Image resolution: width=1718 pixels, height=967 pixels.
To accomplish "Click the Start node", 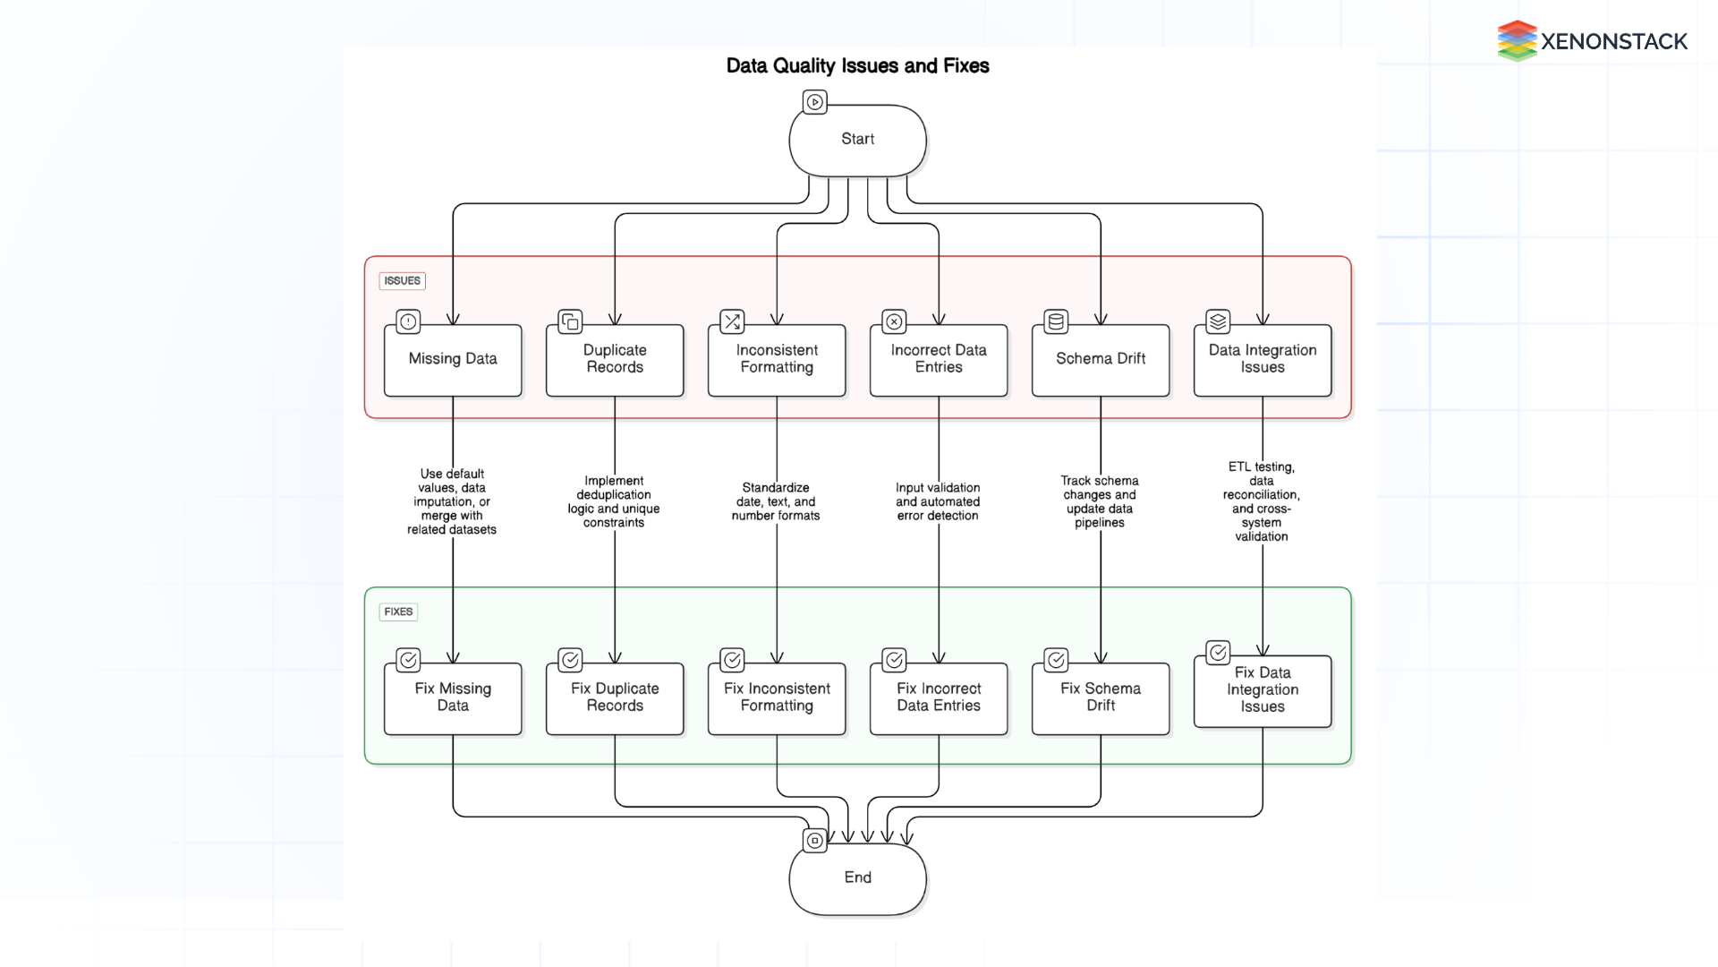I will click(857, 141).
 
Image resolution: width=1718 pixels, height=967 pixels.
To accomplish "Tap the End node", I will click(857, 878).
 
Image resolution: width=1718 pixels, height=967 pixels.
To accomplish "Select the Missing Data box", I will click(453, 360).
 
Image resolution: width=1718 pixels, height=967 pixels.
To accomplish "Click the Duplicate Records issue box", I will click(615, 360).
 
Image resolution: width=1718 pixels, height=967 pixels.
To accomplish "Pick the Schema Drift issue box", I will click(1101, 360).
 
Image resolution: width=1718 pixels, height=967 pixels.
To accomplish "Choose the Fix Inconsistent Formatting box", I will click(777, 698).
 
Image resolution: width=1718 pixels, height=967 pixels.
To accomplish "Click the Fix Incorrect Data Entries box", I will click(939, 698).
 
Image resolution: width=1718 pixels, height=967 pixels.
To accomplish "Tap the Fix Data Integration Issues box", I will click(1263, 691).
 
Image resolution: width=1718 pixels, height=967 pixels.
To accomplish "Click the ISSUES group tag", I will click(402, 281).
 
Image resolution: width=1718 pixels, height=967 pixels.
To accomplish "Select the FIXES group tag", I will click(398, 612).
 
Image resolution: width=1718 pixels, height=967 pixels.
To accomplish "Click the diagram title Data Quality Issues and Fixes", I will click(857, 66).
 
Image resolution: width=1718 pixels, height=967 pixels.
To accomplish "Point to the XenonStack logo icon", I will click(1517, 41).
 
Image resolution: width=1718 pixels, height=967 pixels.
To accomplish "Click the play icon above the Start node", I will click(814, 102).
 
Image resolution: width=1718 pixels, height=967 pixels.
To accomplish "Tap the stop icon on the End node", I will click(814, 841).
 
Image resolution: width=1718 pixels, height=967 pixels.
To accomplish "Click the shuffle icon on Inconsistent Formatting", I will click(732, 321).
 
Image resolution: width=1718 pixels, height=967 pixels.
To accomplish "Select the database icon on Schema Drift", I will click(1056, 321).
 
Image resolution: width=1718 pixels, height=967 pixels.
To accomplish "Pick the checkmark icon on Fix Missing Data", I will click(408, 660).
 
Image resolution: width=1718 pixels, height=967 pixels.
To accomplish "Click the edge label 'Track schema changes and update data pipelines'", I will click(1100, 502).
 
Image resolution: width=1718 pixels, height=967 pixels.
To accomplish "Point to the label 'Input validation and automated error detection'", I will click(938, 502).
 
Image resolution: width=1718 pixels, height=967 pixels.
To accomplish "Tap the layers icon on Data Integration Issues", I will click(1218, 321).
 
